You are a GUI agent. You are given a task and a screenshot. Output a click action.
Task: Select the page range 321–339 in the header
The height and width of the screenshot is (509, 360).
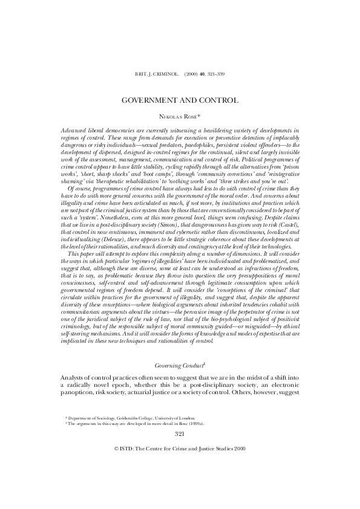click(217, 73)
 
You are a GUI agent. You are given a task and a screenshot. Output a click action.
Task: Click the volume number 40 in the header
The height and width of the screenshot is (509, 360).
click(203, 73)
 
